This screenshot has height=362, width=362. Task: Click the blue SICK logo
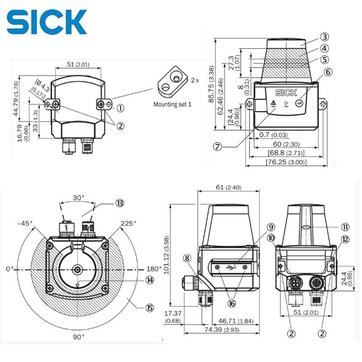pyautogui.click(x=47, y=22)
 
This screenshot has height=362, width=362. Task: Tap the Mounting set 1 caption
pyautogui.click(x=172, y=105)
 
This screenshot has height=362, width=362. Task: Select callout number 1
pyautogui.click(x=120, y=108)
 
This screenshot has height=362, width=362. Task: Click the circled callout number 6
pyautogui.click(x=328, y=72)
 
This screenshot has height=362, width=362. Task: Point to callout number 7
pyautogui.click(x=217, y=146)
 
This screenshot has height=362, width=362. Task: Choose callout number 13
pyautogui.click(x=120, y=203)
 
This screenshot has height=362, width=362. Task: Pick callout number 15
pyautogui.click(x=150, y=308)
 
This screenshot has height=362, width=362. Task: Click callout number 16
pyautogui.click(x=232, y=303)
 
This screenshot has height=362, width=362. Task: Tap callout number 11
pyautogui.click(x=345, y=227)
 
